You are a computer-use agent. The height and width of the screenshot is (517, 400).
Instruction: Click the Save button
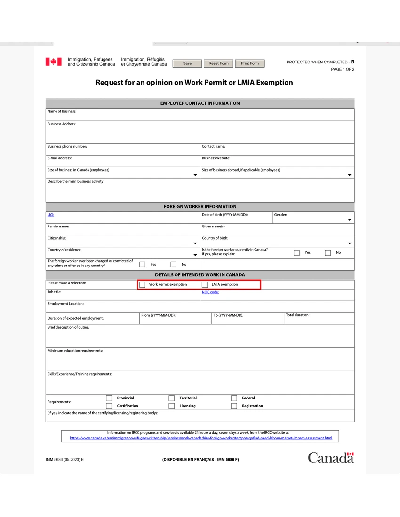pos(187,63)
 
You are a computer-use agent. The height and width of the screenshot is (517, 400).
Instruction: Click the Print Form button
pos(250,63)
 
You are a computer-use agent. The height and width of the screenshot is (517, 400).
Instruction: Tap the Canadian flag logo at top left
pos(53,62)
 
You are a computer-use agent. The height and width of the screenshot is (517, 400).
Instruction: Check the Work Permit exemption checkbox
pos(142,285)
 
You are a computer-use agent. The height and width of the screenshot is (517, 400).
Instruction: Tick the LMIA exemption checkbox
pos(205,285)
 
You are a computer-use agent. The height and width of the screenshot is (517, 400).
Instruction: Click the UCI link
pos(51,215)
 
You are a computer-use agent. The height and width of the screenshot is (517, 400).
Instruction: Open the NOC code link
pos(210,292)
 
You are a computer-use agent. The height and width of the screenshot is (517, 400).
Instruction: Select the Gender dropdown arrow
pos(350,220)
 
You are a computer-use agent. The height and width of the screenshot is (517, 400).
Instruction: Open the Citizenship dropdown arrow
pos(195,243)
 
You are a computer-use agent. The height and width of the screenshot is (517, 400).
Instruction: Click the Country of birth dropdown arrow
pos(350,243)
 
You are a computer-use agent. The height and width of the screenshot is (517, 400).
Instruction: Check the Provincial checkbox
pos(109,398)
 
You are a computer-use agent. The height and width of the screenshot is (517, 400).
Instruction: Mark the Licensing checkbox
pos(171,406)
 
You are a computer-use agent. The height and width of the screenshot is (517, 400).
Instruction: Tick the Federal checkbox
pos(234,398)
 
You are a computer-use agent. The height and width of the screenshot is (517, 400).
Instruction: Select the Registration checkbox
pos(234,406)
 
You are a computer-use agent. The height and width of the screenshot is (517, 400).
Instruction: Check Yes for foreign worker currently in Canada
pos(296,253)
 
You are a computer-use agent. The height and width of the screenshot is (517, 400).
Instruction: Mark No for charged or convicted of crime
pos(174,265)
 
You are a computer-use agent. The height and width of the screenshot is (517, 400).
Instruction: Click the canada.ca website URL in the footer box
pos(201,438)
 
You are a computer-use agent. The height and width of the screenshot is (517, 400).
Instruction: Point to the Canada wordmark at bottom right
pos(331,457)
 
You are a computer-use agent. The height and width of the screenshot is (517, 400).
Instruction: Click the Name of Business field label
pos(62,111)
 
